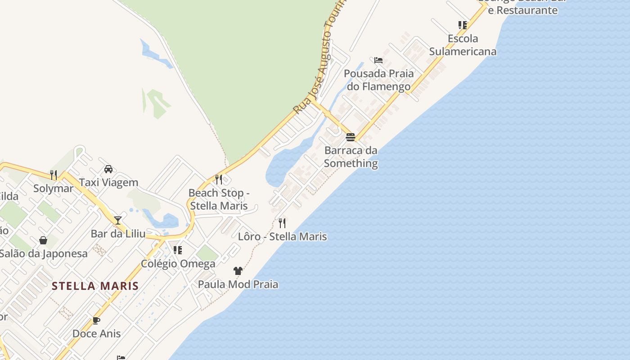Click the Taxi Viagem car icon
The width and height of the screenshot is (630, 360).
(x=108, y=169)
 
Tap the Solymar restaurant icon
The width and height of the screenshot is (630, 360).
(x=54, y=175)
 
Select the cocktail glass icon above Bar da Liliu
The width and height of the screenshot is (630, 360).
(x=118, y=220)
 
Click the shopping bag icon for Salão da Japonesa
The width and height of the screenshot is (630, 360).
(x=43, y=240)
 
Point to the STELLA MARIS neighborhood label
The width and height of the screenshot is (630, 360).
(x=95, y=286)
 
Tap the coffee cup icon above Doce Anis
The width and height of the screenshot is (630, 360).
(x=96, y=320)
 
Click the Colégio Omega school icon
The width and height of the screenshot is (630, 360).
(x=178, y=250)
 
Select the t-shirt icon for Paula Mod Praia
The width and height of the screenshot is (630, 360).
(x=238, y=270)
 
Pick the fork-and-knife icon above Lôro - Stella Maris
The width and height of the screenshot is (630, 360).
(x=282, y=223)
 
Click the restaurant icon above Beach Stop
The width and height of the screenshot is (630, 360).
(x=219, y=180)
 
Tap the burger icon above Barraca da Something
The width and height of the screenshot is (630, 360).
(x=351, y=137)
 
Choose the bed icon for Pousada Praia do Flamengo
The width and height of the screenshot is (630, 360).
(x=378, y=60)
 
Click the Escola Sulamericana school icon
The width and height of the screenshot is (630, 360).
(x=463, y=25)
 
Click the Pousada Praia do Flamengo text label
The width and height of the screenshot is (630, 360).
(x=378, y=80)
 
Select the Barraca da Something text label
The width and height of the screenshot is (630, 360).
(x=351, y=157)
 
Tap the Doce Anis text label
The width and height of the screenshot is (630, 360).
(x=96, y=333)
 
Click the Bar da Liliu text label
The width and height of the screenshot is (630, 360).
(x=118, y=234)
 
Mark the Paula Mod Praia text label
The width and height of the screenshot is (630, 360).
(x=238, y=284)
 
